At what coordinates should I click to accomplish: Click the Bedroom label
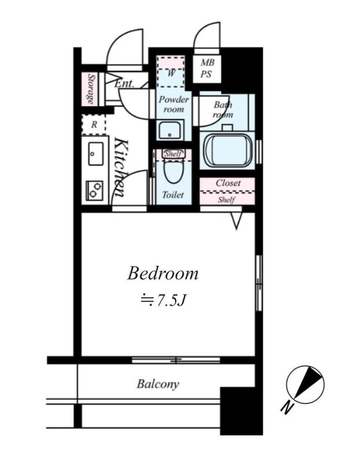click(163, 274)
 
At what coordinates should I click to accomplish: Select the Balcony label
click(158, 384)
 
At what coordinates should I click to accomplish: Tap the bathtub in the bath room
click(227, 150)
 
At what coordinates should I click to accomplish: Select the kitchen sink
click(96, 153)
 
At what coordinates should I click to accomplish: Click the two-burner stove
click(94, 190)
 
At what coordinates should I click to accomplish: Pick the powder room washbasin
click(170, 130)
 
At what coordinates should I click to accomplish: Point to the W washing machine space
click(171, 72)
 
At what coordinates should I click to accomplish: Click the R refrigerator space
click(94, 124)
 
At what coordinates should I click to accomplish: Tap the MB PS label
click(207, 68)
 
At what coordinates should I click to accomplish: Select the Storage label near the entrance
click(91, 89)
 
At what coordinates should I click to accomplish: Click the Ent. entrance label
click(124, 83)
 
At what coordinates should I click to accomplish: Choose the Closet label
click(228, 183)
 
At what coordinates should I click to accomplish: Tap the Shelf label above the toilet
click(174, 153)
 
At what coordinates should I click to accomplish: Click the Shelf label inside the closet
click(226, 200)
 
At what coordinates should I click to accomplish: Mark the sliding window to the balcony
click(176, 360)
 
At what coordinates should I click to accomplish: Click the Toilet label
click(173, 194)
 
